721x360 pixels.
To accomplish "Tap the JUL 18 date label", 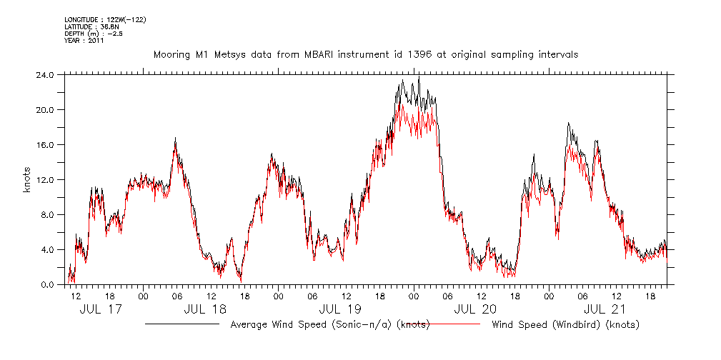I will tap(204, 310).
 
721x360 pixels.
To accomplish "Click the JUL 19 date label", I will tap(339, 310).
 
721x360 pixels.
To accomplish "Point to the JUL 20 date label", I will tap(474, 310).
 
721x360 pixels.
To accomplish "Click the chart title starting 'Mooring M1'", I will tap(366, 54).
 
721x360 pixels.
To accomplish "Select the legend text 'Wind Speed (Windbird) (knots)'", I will tap(565, 325).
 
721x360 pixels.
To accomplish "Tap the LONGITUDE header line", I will tap(105, 19).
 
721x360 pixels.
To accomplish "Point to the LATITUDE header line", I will tap(91, 26).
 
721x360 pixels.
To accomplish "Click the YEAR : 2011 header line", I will tap(84, 41).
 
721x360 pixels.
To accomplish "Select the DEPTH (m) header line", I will tap(94, 34).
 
